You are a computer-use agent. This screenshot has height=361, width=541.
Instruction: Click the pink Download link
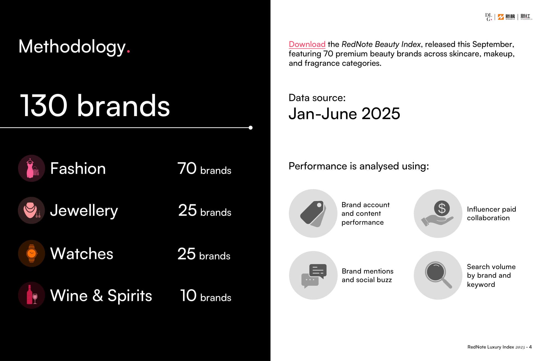point(307,44)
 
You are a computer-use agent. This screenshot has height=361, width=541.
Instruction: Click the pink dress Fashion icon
point(31,168)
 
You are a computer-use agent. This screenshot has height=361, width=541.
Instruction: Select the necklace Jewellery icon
point(31,210)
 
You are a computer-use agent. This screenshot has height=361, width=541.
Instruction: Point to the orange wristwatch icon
point(31,253)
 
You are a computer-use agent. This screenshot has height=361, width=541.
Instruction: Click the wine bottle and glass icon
point(31,295)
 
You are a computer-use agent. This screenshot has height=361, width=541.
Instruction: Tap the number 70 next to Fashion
point(187,168)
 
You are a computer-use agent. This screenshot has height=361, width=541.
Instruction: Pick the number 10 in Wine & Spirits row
point(188,295)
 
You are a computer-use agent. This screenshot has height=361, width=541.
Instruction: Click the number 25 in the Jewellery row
point(187,210)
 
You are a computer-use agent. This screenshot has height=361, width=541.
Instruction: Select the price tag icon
point(313,213)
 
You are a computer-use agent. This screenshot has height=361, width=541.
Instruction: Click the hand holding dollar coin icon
point(438,213)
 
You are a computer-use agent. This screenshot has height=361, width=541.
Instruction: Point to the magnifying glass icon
point(438,275)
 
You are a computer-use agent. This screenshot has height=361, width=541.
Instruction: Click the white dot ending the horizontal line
point(251,128)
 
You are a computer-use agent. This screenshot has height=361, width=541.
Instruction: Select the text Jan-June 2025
point(344,114)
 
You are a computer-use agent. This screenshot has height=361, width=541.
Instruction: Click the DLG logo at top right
point(489,17)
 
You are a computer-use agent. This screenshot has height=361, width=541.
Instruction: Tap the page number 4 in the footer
point(530,347)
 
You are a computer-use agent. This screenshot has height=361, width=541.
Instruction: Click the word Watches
point(82,254)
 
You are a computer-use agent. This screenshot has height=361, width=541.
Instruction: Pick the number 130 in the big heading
point(44,106)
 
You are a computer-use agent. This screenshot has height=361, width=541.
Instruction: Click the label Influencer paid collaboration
point(491,213)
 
